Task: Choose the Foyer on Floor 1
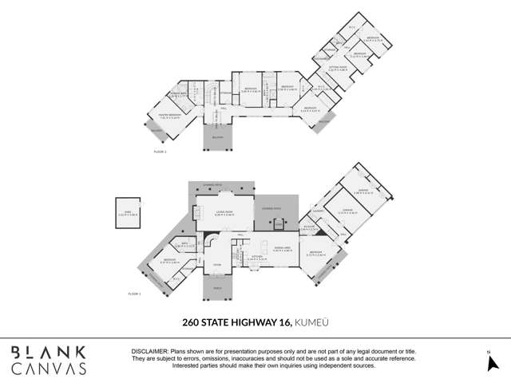pyautogui.click(x=216, y=265)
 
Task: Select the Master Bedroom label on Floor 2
pyautogui.click(x=172, y=116)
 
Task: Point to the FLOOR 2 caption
pyautogui.click(x=160, y=150)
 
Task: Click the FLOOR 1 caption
pyautogui.click(x=134, y=294)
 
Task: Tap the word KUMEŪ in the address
pyautogui.click(x=312, y=323)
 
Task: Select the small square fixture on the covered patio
pyautogui.click(x=279, y=224)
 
